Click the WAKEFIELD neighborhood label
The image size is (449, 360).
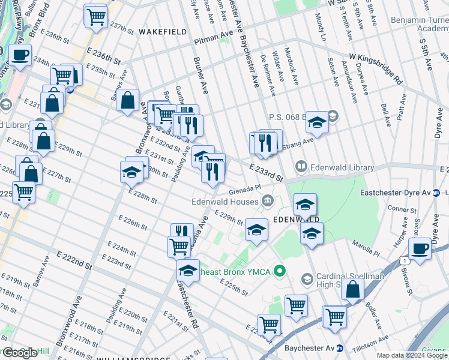point(159,31)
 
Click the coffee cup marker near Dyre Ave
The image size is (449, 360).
point(420,248)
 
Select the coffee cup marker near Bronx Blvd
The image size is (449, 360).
point(20,56)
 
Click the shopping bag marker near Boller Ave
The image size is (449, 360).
point(352,289)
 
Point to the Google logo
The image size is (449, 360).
point(19,353)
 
